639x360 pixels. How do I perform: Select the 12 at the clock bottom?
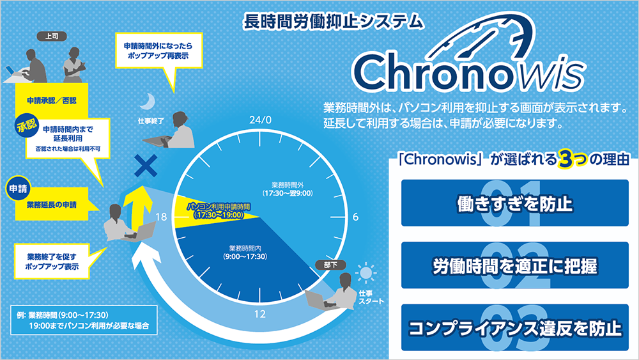(260, 314)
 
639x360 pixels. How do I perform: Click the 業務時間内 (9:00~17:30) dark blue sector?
(249, 256)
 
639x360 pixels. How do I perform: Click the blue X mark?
(146, 168)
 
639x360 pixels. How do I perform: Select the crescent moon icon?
(148, 100)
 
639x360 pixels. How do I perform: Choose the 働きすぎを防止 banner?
(514, 203)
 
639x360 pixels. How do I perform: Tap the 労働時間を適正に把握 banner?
(514, 265)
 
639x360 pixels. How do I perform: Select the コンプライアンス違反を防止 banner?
(514, 328)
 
